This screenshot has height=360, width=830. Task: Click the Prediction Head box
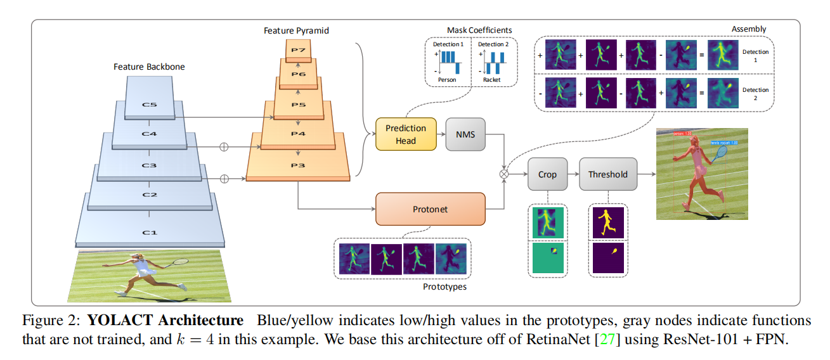point(406,134)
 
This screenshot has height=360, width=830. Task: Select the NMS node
point(465,134)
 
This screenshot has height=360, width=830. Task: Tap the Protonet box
point(431,209)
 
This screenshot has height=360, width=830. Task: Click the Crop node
point(547,174)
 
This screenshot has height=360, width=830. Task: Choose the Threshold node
point(607,174)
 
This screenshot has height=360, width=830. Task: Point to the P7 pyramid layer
point(299,50)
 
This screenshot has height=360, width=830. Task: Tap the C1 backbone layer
point(150,232)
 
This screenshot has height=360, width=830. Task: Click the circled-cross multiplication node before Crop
point(505,173)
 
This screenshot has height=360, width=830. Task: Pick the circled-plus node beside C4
point(223,147)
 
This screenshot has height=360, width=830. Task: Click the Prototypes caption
point(444,286)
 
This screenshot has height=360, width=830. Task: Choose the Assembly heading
point(749,29)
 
